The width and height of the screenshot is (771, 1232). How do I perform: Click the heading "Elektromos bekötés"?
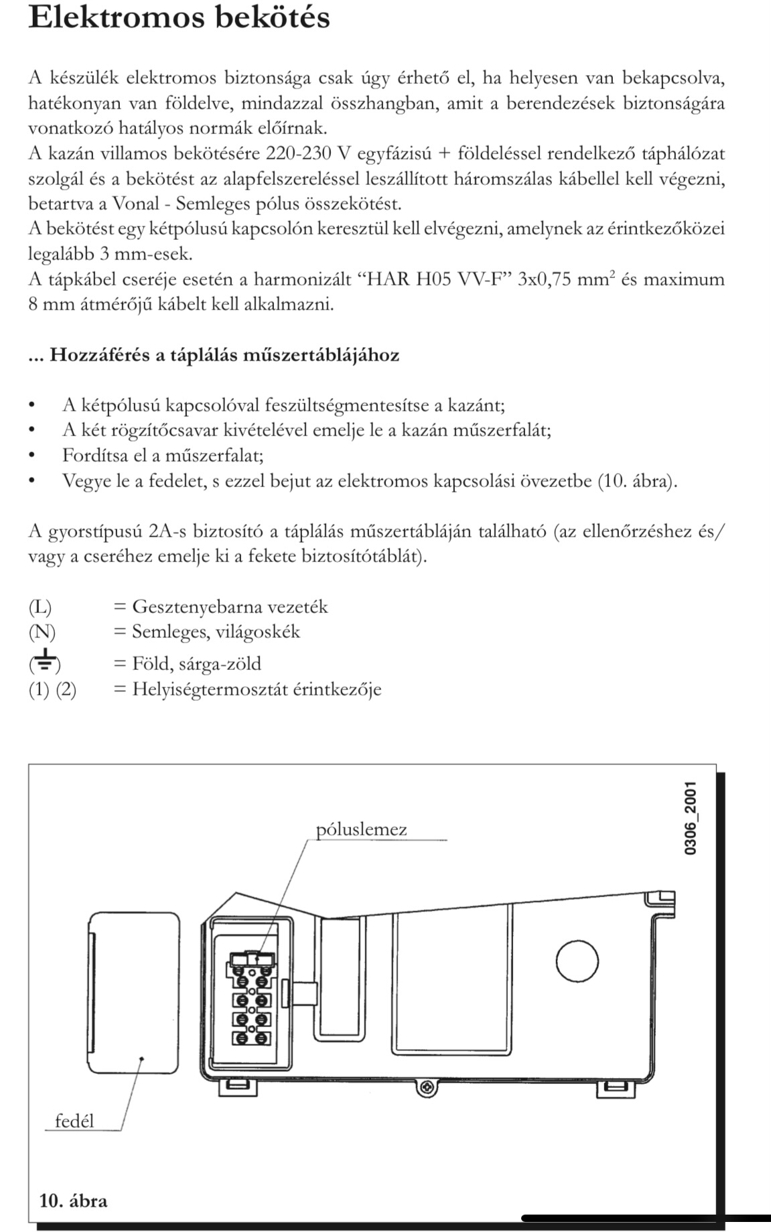coord(180,17)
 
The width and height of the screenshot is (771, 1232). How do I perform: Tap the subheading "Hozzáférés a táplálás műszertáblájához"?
coord(224,354)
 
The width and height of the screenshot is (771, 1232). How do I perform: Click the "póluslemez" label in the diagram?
coord(361,830)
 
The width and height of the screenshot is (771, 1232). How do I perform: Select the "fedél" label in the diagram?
coord(74,1121)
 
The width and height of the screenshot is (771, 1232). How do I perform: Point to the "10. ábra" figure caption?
coord(74,1200)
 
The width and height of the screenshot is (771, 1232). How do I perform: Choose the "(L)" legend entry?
coord(40,607)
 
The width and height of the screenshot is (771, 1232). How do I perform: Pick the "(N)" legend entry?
coord(42,632)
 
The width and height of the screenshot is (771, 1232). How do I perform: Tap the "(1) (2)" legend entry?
coord(52,689)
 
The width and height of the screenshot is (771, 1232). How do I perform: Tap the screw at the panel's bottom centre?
coord(424,1089)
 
